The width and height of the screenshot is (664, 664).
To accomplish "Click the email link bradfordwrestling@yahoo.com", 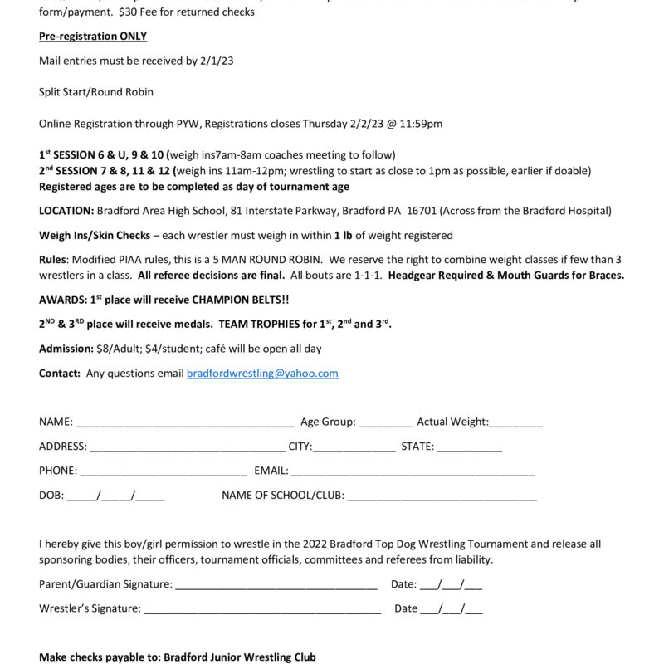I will pos(262,373).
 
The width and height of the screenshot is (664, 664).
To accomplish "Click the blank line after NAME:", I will pos(185,422).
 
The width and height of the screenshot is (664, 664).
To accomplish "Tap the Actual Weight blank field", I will pos(515,422).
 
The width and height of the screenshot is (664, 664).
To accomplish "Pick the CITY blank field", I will pos(354,447).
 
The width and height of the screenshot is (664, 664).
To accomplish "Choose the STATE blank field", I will pos(470,447).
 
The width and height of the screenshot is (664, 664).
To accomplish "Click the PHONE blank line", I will pos(163,471).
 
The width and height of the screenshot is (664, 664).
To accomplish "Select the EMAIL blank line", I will pos(413,471).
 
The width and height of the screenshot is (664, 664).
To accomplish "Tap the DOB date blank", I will pos(115,496).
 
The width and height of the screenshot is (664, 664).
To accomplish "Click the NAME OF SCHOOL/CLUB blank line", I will pos(442,496).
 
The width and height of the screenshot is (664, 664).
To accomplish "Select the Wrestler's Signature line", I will pos(262,609).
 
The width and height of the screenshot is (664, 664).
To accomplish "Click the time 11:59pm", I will pos(422,124).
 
